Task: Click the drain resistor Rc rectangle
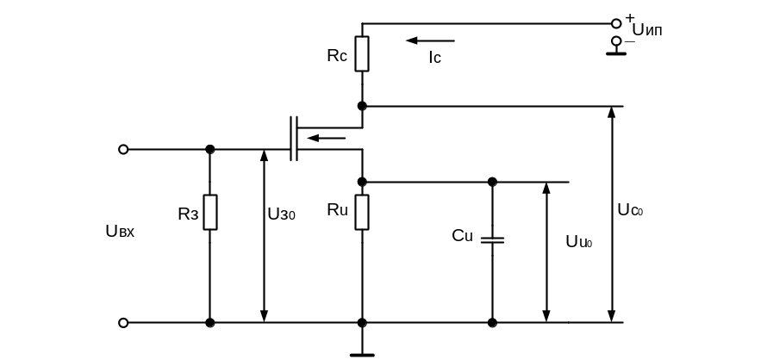tap(362, 53)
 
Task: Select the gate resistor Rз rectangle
tap(210, 212)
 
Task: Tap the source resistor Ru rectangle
tap(362, 212)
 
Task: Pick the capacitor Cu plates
tap(492, 239)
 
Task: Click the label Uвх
tap(120, 231)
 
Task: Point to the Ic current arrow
tap(430, 40)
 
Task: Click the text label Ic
tap(434, 58)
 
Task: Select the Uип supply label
tap(647, 30)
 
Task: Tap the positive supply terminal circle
tap(616, 23)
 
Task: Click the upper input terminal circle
tap(123, 149)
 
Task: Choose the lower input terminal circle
tap(123, 323)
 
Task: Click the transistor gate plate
tap(291, 139)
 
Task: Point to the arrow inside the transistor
tap(327, 138)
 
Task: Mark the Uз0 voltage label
tap(281, 214)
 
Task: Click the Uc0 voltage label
tap(630, 209)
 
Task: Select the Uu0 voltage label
tap(578, 242)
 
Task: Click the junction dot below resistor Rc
tap(362, 106)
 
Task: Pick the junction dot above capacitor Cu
tap(492, 182)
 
